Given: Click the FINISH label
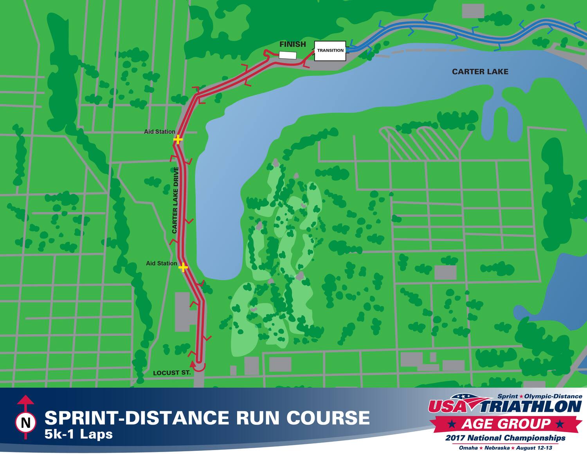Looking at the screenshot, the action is point(292,44).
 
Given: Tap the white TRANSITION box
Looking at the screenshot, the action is point(330,51).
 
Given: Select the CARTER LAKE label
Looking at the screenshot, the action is point(480,72).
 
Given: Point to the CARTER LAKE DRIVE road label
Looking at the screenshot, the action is point(175,200).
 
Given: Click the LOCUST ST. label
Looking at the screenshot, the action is point(171,373).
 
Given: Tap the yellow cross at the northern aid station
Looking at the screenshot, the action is point(178,139).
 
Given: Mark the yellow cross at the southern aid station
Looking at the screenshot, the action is point(183,267).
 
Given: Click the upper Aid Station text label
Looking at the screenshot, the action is point(159,132).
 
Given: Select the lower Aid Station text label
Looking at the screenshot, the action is point(161,263).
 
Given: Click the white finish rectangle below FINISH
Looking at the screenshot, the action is point(288,55).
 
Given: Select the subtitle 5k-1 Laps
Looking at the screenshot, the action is point(79,434).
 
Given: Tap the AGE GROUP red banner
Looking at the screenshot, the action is point(506,423).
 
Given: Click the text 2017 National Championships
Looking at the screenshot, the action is point(505,438).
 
